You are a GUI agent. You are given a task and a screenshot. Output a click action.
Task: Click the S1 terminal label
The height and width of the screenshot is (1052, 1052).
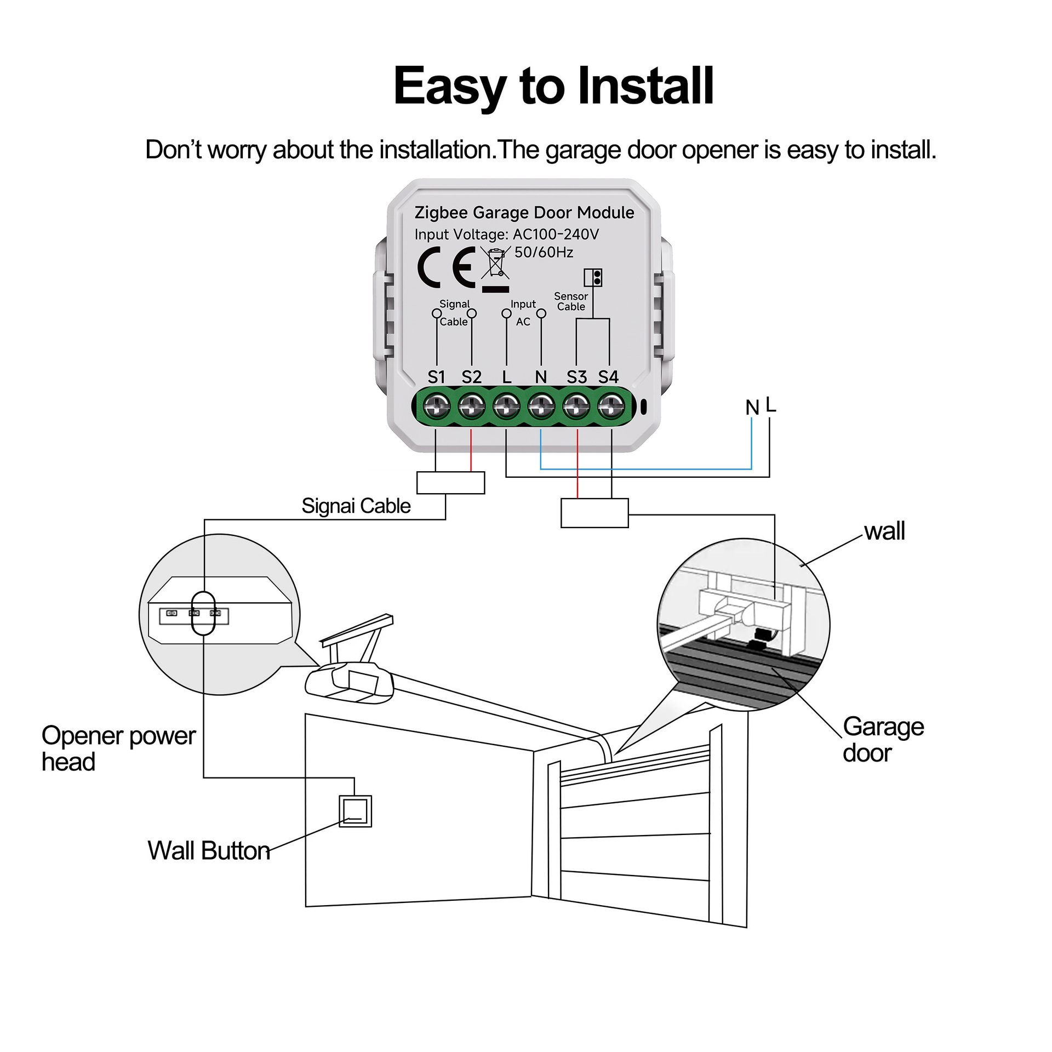click(x=436, y=377)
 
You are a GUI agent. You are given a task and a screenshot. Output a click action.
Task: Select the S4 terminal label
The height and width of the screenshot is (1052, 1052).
click(x=608, y=377)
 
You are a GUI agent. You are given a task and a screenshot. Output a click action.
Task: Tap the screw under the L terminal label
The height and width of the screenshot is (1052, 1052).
click(x=506, y=407)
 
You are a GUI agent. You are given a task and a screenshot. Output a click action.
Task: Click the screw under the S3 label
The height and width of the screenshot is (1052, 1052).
click(x=576, y=407)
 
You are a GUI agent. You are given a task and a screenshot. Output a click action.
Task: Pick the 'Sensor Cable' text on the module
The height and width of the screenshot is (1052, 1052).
click(x=571, y=301)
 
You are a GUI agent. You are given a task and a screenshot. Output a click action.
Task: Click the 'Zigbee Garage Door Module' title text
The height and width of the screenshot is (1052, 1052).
click(x=524, y=213)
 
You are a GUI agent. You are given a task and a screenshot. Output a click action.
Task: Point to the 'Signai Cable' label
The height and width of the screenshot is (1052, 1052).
click(x=356, y=506)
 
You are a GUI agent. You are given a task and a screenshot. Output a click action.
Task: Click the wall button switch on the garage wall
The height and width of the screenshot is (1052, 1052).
click(x=355, y=811)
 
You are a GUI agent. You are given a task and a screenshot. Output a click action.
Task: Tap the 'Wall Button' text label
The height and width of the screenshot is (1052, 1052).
click(x=209, y=851)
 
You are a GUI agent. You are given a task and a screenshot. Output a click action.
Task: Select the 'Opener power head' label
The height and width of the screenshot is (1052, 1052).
click(x=118, y=748)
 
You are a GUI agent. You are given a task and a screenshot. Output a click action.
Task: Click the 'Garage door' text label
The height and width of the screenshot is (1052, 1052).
click(x=883, y=740)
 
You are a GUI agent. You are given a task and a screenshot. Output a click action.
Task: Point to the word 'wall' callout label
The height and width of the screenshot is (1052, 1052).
click(x=884, y=531)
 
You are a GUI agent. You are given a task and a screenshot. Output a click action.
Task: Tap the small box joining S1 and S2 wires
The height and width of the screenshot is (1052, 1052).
click(x=450, y=483)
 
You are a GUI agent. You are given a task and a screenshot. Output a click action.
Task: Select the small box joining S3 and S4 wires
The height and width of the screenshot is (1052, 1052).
click(x=594, y=513)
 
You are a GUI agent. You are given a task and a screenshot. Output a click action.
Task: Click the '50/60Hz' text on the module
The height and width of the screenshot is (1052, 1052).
click(x=544, y=253)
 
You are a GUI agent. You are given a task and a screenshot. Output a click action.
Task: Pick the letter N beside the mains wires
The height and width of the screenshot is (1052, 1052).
click(x=752, y=408)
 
